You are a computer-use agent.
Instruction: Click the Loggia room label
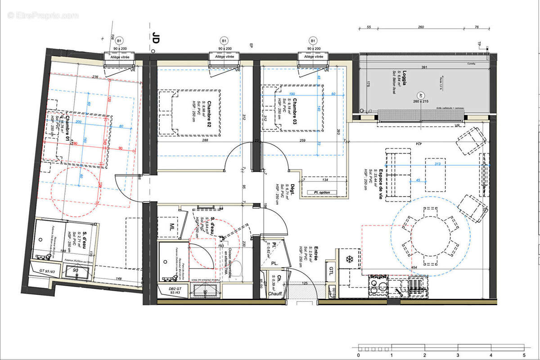coord(392,74)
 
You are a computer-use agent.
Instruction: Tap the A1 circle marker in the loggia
coord(421,95)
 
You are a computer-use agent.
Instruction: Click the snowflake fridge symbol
coord(349,260)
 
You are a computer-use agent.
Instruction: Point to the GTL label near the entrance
coord(331,271)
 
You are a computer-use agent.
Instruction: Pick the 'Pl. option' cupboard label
coord(319,193)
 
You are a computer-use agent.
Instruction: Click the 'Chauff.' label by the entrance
coord(275,294)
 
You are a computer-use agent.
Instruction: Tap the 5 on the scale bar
coord(524,355)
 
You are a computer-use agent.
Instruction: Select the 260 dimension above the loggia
coord(421,27)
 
